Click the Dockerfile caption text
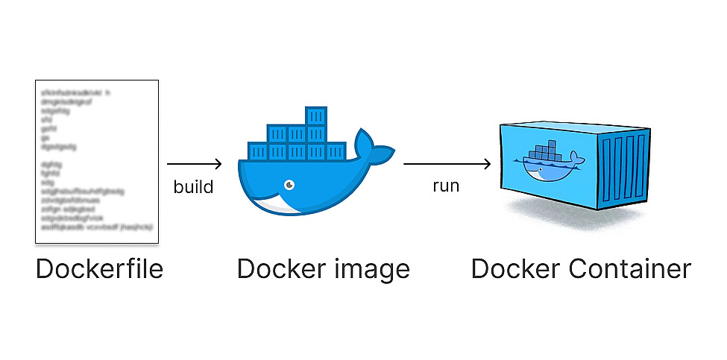[99, 269]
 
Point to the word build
[193, 186]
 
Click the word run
[446, 186]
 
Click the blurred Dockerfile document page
[97, 161]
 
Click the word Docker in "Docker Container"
[515, 269]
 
